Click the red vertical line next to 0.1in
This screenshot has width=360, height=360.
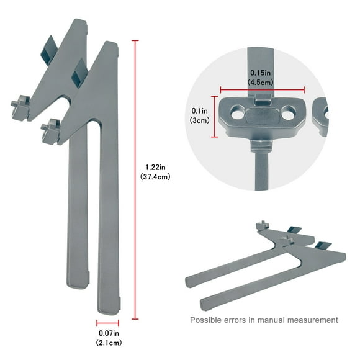[x=215, y=116]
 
